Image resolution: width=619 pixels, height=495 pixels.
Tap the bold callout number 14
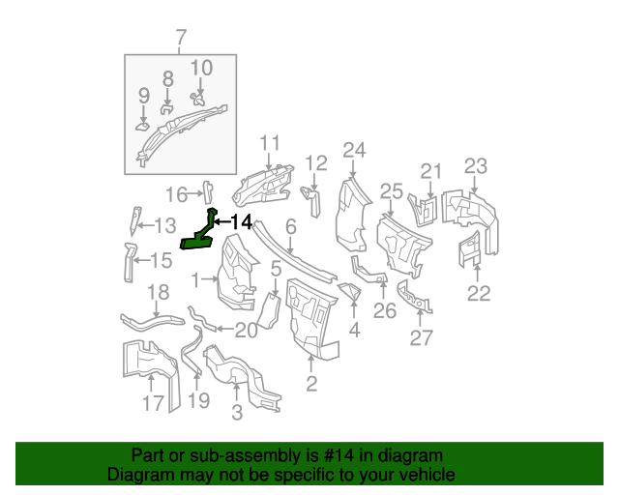[x=241, y=222]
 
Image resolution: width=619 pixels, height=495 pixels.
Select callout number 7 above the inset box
[x=180, y=38]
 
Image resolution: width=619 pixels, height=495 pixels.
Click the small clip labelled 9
[x=142, y=127]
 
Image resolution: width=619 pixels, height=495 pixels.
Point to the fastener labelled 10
[x=197, y=99]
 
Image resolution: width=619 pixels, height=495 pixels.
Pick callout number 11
[x=270, y=143]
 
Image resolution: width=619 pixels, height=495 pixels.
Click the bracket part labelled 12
[x=311, y=199]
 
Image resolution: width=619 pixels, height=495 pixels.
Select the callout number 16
[x=176, y=194]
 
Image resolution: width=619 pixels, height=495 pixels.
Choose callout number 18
[x=158, y=293]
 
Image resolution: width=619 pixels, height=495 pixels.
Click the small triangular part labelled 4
[x=350, y=291]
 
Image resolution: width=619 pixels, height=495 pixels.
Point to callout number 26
[x=385, y=310]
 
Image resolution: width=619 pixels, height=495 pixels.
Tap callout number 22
[x=479, y=293]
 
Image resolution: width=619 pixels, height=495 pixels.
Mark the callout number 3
[x=237, y=413]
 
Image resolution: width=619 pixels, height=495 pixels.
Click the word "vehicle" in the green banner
[x=429, y=475]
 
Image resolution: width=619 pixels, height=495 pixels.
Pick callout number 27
[x=422, y=337]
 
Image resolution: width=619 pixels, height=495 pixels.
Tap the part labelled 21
[x=424, y=210]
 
